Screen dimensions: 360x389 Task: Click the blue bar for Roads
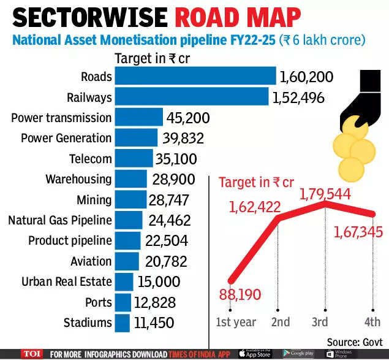click(195, 76)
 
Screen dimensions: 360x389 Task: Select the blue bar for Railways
click(192, 97)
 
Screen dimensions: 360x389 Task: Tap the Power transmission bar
click(138, 117)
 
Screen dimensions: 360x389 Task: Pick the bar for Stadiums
click(122, 323)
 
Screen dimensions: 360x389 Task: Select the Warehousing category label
click(78, 179)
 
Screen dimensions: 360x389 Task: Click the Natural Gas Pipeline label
click(59, 220)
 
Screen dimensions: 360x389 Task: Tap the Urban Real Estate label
click(66, 281)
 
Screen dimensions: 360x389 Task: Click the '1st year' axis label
click(236, 322)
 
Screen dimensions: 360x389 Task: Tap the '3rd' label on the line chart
click(319, 322)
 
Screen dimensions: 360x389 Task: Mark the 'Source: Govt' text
click(353, 342)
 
